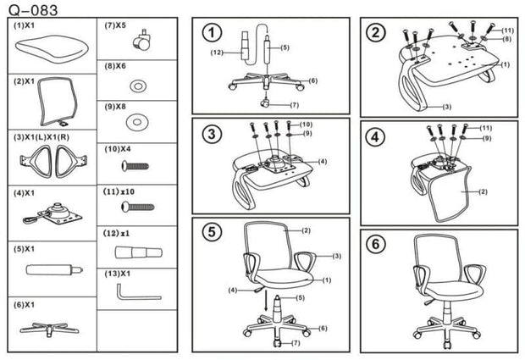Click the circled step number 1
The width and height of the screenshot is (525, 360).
click(x=212, y=34)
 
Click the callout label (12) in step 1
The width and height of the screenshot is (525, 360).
click(x=216, y=53)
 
